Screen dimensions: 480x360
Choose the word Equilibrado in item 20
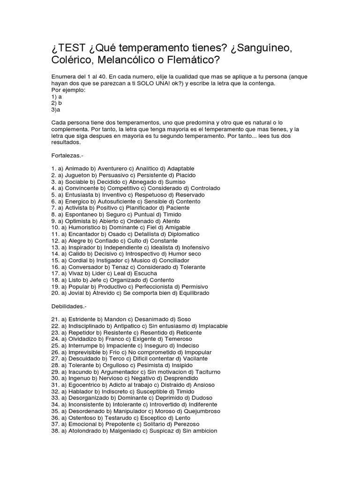tap(192, 293)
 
